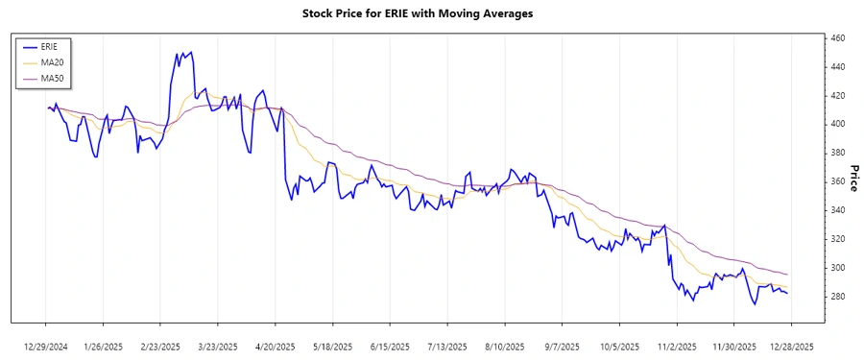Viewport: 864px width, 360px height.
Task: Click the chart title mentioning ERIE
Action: click(417, 14)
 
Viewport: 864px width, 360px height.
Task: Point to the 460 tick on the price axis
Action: click(837, 38)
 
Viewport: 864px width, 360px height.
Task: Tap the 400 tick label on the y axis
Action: click(837, 124)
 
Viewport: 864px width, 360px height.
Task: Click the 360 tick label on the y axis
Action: click(837, 181)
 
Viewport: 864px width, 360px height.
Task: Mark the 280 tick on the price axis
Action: click(837, 296)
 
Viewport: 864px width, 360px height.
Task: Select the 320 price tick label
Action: click(837, 238)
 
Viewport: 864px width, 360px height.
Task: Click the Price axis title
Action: click(852, 177)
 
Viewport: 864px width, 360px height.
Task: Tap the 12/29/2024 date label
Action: click(45, 346)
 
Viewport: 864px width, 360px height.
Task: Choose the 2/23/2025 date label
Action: click(160, 346)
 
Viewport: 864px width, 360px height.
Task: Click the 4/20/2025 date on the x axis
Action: click(276, 346)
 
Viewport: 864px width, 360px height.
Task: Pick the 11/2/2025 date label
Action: click(676, 346)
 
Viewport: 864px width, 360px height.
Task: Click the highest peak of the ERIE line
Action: click(191, 52)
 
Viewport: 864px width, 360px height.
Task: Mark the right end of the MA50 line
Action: click(787, 275)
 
